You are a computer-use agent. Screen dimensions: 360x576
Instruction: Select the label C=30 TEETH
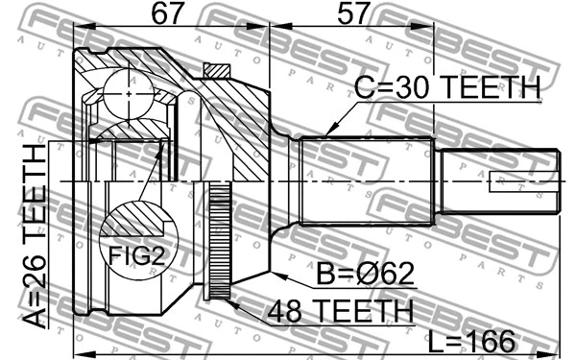[x=447, y=89]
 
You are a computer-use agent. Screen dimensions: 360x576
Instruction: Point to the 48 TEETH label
[x=342, y=310]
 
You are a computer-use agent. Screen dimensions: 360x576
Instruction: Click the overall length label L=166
[x=471, y=339]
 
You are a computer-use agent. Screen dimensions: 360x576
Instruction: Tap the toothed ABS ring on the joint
[x=220, y=240]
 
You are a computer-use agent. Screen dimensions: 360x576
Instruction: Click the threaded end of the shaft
[x=500, y=181]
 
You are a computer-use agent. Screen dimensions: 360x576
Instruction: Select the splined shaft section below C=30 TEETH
[x=365, y=182]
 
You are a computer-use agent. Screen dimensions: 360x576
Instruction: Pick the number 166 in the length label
[x=492, y=339]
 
